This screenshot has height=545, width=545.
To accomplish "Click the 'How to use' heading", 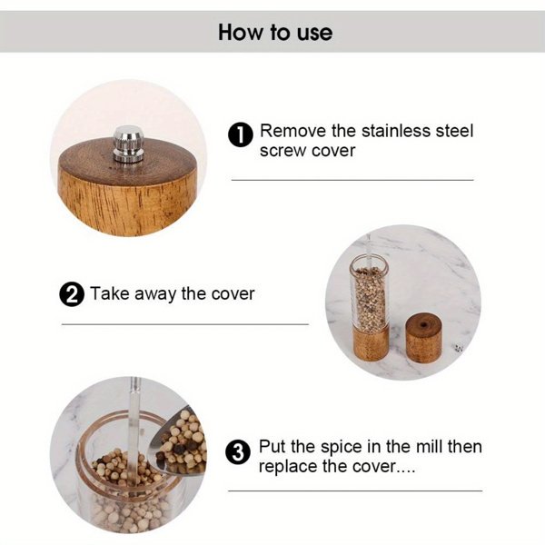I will (x=275, y=33).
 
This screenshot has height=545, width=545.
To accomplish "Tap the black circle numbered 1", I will (x=240, y=135).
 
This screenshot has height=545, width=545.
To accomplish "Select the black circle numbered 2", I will (x=72, y=295).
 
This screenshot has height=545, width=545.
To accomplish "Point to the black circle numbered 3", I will (x=238, y=452).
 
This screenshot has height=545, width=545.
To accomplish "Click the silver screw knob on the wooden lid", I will (x=126, y=146).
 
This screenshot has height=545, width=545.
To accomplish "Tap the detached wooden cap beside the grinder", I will (x=423, y=337).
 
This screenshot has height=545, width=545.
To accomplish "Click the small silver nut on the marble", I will (x=458, y=348).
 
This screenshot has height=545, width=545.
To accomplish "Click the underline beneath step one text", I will (x=352, y=180).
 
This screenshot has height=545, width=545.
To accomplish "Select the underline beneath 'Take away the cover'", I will (x=185, y=323).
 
